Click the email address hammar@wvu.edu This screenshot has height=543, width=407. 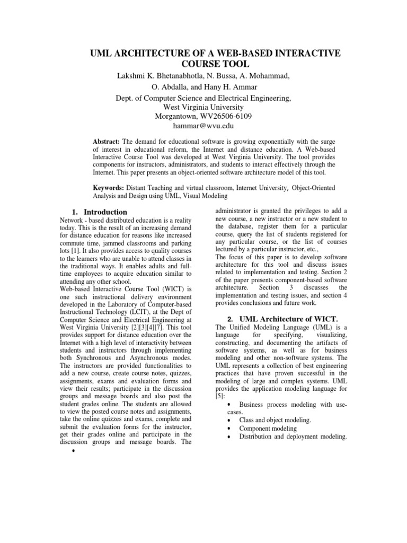(x=203, y=126)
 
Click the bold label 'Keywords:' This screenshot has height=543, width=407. (x=109, y=187)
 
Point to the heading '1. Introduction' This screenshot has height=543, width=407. (x=99, y=212)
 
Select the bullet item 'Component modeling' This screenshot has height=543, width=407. (x=268, y=428)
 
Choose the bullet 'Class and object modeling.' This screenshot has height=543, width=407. (x=275, y=420)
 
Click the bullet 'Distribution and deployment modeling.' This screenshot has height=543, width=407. (x=293, y=436)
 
